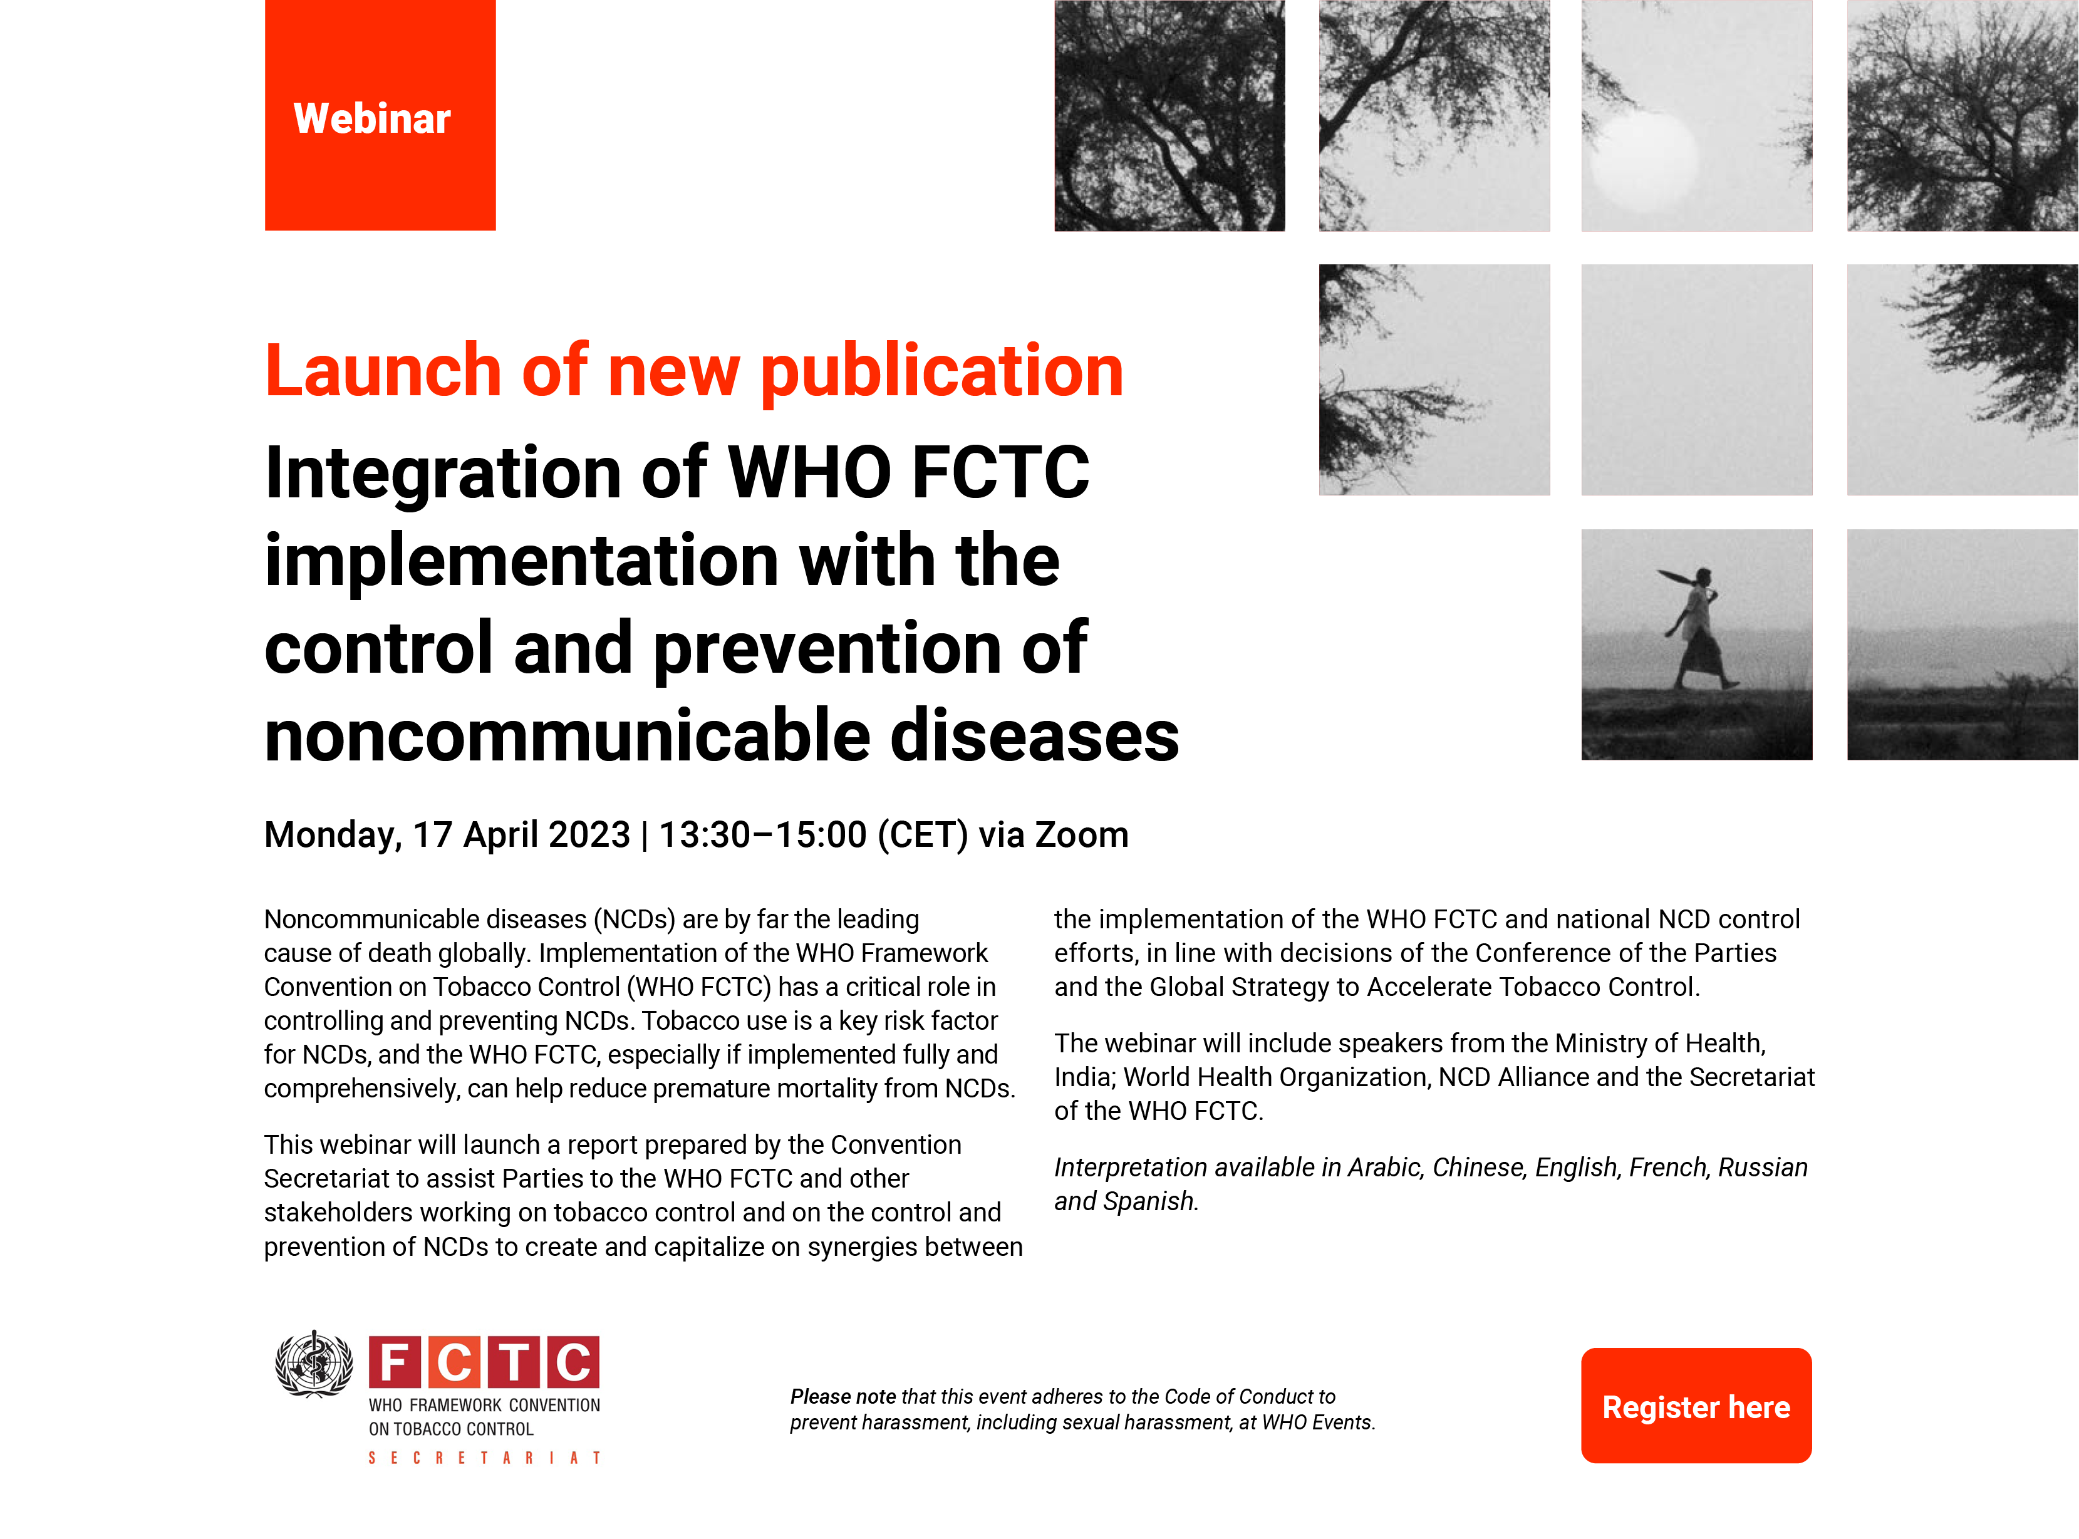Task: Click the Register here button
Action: click(1695, 1405)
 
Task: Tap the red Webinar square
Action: click(380, 115)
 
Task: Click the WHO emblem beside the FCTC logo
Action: click(314, 1363)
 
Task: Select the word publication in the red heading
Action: click(941, 371)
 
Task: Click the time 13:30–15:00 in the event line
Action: click(763, 835)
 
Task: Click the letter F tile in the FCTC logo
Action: click(394, 1362)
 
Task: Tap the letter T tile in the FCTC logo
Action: click(513, 1362)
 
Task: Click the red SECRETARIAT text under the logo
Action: click(484, 1458)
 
